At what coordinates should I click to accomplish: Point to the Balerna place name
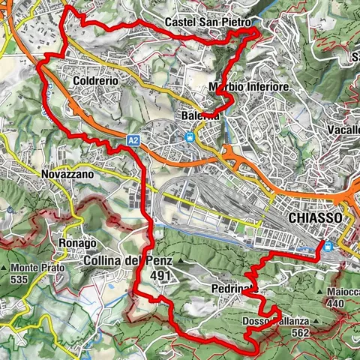point(199,116)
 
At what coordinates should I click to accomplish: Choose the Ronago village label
point(76,244)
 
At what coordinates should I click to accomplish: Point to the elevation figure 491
point(159,275)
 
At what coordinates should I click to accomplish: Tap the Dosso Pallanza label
point(275,322)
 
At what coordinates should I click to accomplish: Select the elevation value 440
point(337,303)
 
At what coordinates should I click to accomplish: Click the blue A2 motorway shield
point(133,139)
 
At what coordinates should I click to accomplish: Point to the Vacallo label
point(343,130)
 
